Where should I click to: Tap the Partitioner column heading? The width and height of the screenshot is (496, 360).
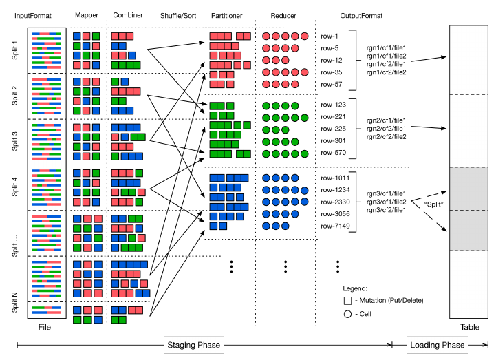click(x=226, y=14)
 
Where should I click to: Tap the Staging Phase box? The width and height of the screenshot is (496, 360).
click(x=193, y=344)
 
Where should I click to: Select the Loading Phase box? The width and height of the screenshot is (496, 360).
click(x=435, y=344)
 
